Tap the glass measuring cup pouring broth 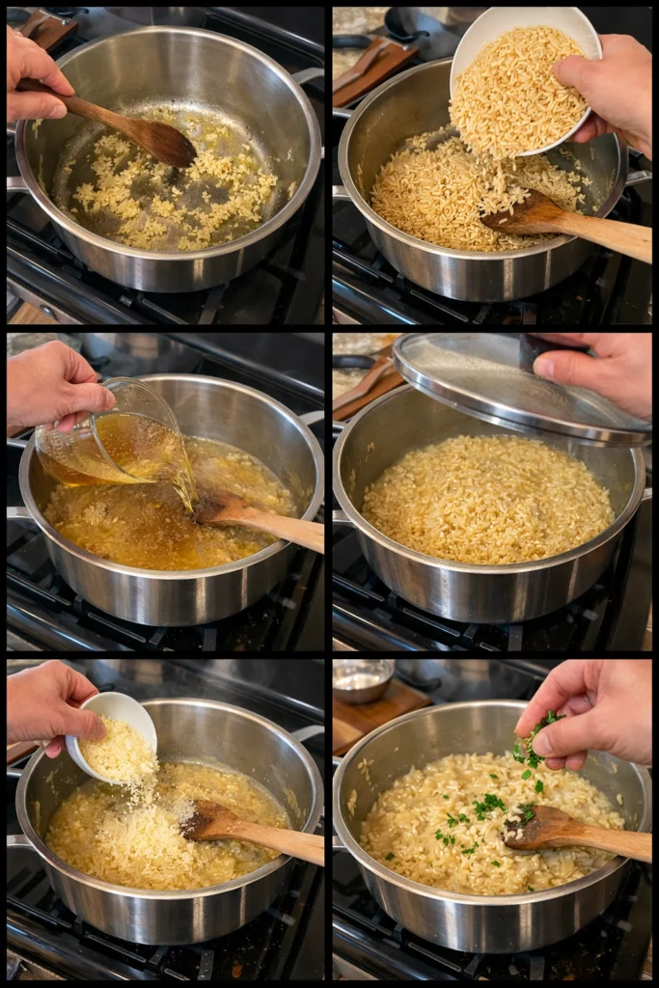point(116,439)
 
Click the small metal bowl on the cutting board point(363,679)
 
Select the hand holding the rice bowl point(608,92)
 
